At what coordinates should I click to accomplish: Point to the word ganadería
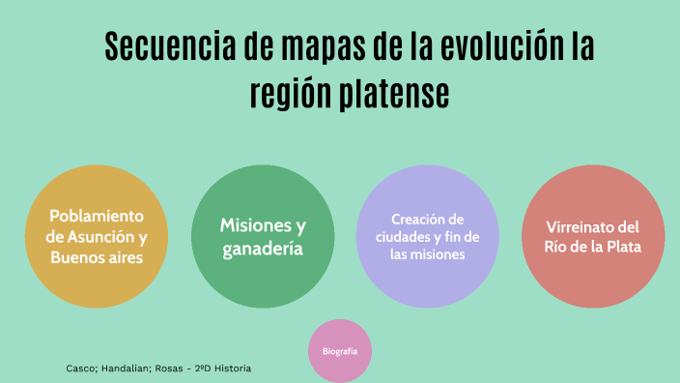pos(263,249)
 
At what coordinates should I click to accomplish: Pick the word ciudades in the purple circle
pos(404,237)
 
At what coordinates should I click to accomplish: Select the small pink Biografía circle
pos(340,351)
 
